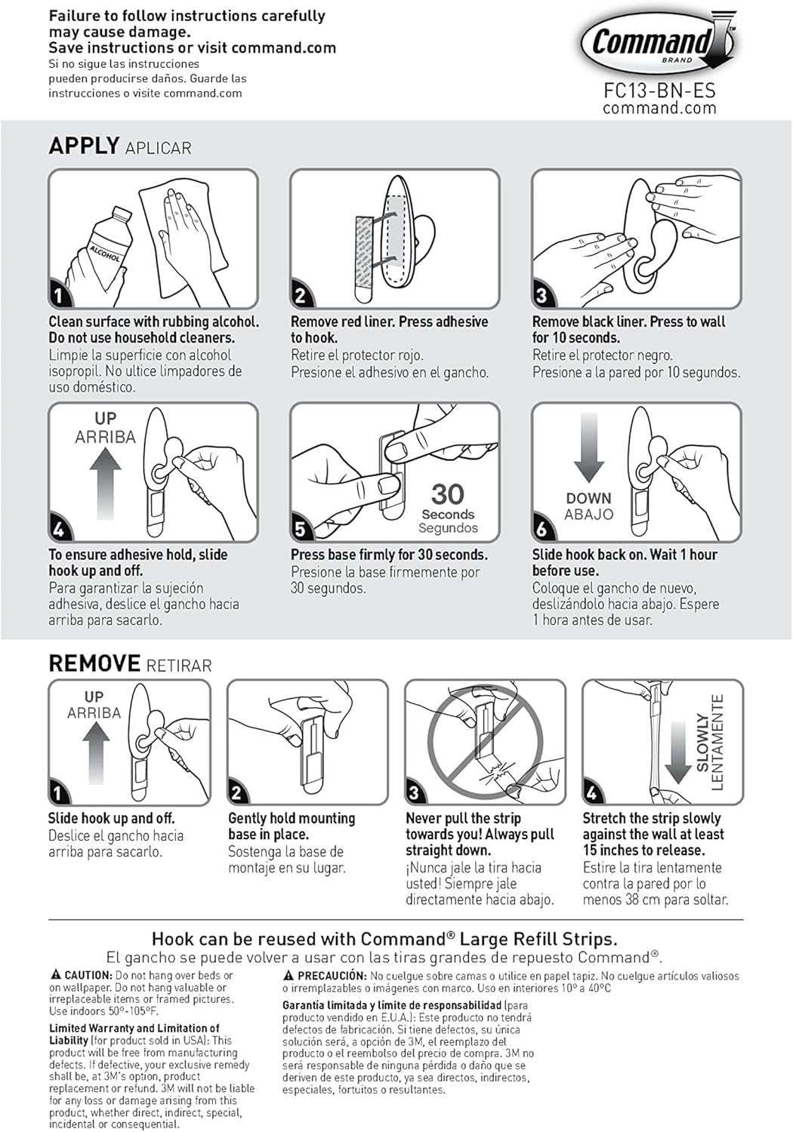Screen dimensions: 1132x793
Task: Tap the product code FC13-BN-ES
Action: pos(659,91)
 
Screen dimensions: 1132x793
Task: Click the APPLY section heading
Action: pos(84,145)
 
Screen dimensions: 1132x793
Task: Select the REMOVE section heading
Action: pos(94,663)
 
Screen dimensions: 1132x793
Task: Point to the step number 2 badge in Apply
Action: pos(300,294)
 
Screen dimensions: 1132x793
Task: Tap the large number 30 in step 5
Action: pos(447,494)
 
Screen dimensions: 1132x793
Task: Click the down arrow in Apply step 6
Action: pos(588,447)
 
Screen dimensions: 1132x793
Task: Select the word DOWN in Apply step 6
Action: pos(588,498)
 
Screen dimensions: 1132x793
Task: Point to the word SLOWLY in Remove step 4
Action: pos(702,743)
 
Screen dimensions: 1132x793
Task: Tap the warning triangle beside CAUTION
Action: pos(56,975)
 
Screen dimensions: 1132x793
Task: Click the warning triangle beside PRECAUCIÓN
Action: pos(289,976)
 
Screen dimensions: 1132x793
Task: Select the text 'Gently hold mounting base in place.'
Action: pos(292,826)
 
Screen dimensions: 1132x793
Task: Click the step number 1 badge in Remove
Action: pos(58,793)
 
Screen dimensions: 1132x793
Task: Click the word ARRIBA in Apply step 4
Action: pos(105,437)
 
